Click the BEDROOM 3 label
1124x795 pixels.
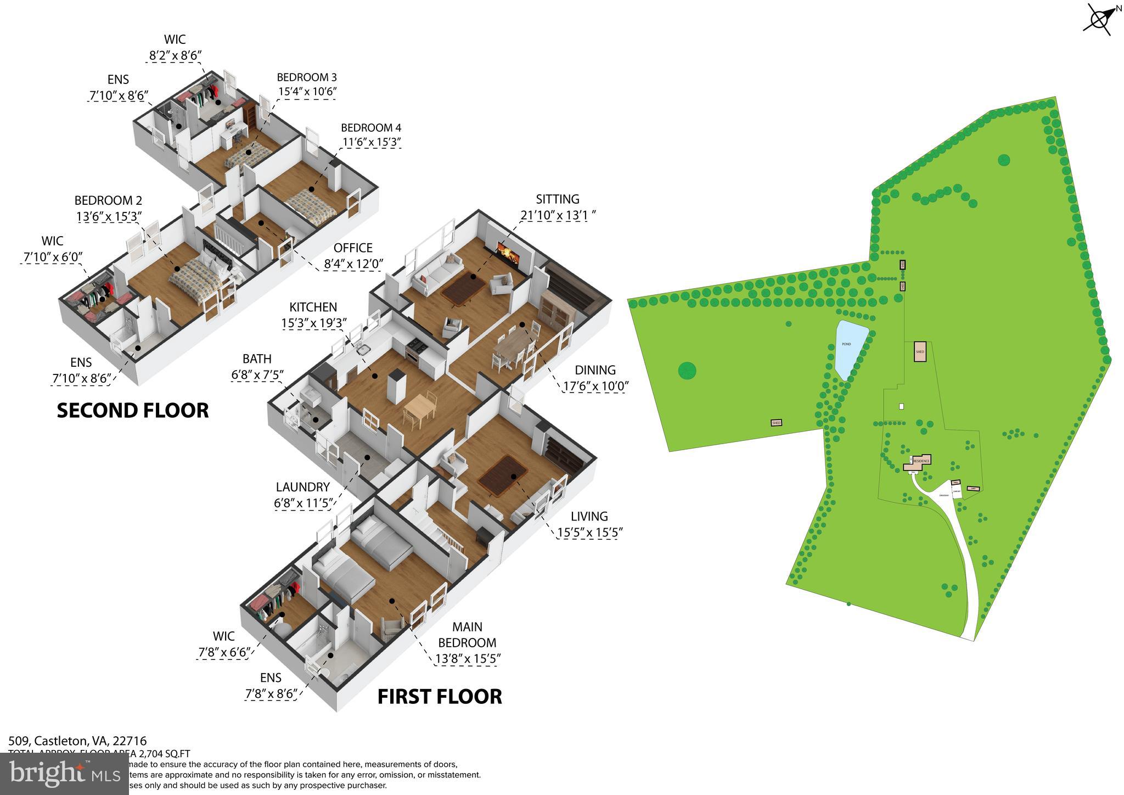[x=306, y=77]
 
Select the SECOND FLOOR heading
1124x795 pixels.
[x=133, y=411]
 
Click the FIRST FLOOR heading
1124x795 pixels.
[x=440, y=696]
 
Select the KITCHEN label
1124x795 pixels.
[x=313, y=307]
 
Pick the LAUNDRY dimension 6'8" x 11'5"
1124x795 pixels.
[x=303, y=503]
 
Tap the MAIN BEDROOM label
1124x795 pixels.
[x=467, y=635]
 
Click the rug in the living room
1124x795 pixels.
[x=503, y=473]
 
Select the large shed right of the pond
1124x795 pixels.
[x=920, y=351]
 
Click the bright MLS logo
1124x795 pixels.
[x=65, y=774]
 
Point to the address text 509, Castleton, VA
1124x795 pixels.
[x=77, y=741]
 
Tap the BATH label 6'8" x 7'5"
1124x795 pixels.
[x=257, y=359]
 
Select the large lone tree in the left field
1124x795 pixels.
[x=687, y=371]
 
